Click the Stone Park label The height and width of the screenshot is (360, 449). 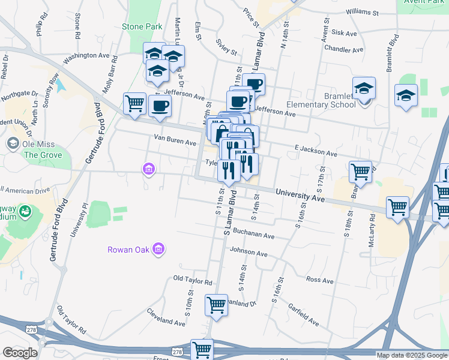point(142,27)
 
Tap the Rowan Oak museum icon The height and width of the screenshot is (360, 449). point(158,248)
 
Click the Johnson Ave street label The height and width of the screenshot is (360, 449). point(248,253)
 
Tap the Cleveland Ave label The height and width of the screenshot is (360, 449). point(166,317)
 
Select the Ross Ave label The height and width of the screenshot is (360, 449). point(319,280)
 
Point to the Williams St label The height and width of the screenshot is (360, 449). point(362,12)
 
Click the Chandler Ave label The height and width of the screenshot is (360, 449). point(343,50)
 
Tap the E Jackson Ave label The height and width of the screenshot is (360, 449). point(315,149)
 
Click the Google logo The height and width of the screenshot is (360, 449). point(20,352)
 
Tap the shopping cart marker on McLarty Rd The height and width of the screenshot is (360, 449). point(398,207)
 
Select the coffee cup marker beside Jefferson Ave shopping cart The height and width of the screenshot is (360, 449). point(160,106)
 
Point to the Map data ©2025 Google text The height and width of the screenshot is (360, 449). point(412,355)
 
